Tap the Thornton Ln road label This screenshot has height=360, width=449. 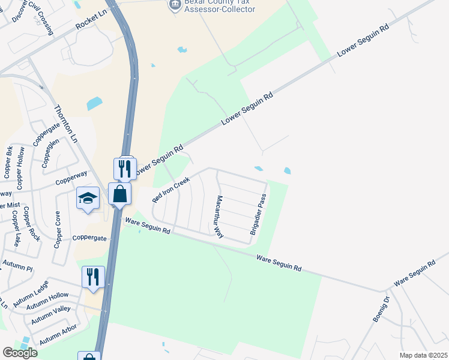coord(66,124)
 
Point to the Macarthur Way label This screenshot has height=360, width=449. coord(220,217)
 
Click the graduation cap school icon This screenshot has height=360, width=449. coord(88,198)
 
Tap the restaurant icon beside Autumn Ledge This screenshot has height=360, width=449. coord(93,277)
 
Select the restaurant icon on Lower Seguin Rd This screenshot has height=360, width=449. coord(125,169)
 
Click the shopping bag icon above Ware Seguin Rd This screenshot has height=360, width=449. coord(119,193)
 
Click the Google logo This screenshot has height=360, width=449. coord(20,353)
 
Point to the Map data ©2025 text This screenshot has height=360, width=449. coord(423,355)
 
